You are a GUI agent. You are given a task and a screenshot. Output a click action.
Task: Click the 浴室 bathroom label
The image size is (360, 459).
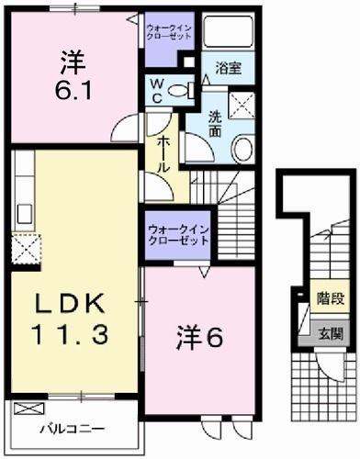click(228, 67)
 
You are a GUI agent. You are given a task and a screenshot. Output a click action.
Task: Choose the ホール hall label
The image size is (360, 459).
click(162, 146)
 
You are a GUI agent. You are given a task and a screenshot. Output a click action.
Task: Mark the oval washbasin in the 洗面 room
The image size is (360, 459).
click(242, 150)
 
